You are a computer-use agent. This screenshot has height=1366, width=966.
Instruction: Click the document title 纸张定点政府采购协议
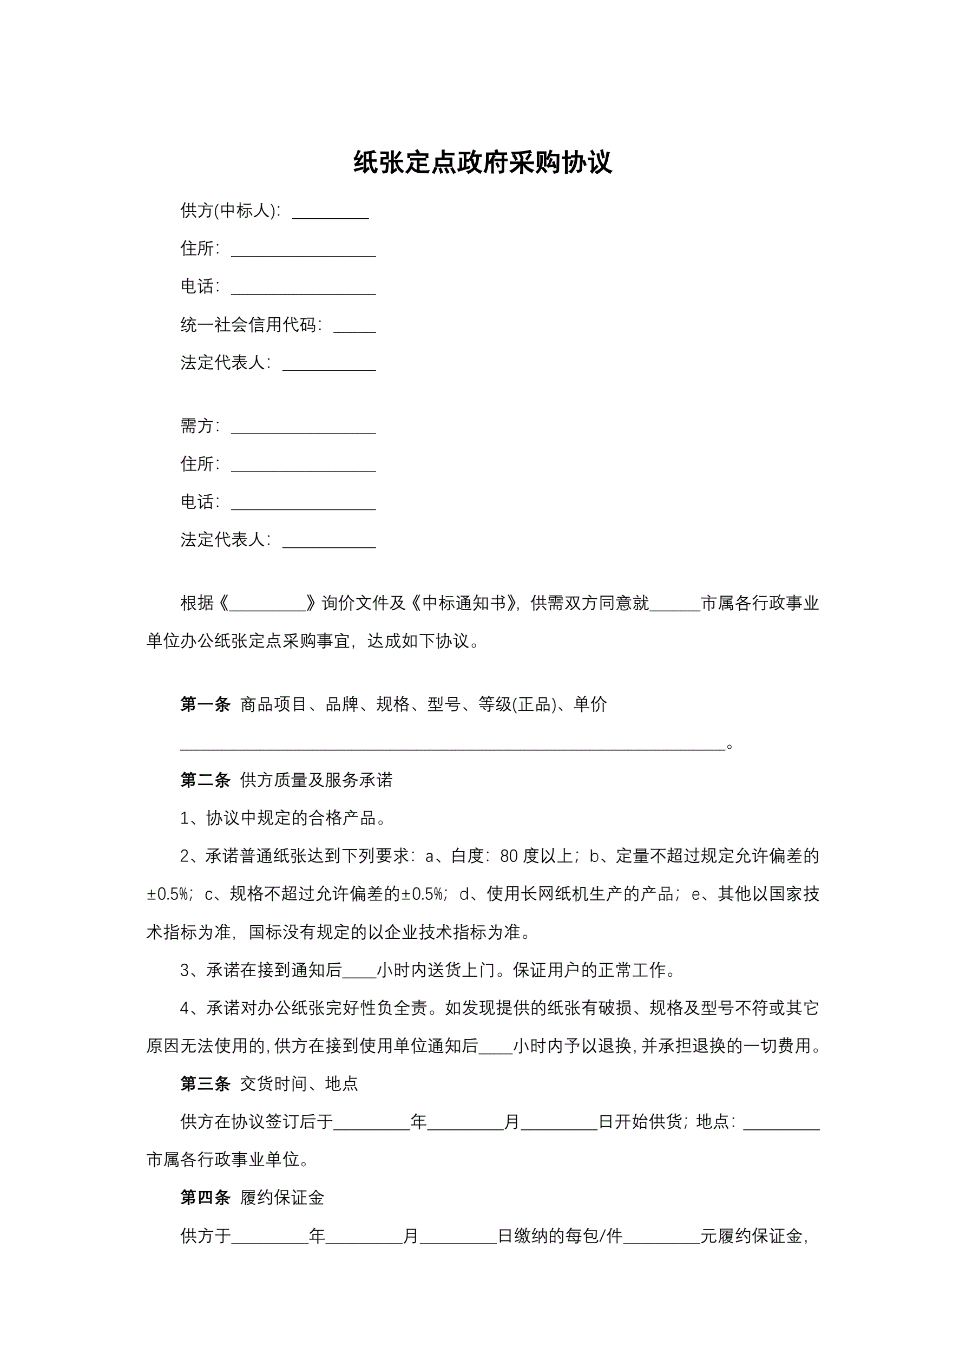(482, 162)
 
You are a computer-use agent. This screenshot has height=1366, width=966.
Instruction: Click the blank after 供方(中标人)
(330, 213)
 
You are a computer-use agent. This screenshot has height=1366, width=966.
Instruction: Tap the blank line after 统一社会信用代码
(354, 327)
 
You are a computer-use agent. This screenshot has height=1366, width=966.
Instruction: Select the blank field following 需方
(304, 429)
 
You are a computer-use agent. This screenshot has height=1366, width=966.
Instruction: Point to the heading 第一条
(205, 704)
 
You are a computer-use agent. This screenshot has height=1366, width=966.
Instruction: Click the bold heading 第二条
(205, 780)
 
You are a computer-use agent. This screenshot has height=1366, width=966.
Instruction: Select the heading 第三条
(205, 1083)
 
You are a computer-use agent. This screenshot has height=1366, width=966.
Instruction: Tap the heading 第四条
(205, 1198)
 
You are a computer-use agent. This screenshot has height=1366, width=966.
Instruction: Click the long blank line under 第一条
(452, 746)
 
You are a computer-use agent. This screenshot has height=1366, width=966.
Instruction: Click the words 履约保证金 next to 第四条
(282, 1198)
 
